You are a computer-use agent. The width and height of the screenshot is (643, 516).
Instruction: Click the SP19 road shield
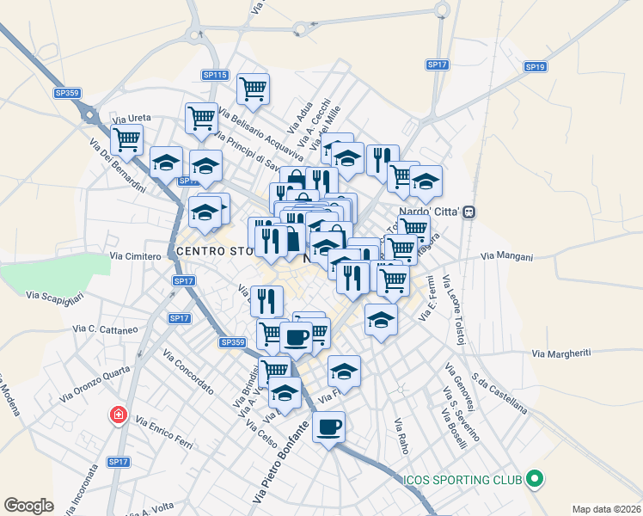(535, 66)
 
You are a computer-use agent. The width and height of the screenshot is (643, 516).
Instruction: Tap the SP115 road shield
(215, 76)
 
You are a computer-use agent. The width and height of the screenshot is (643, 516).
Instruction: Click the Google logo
(28, 506)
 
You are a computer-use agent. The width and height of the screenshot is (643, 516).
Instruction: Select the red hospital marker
(118, 416)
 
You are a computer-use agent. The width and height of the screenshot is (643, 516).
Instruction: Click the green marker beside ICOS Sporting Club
(535, 479)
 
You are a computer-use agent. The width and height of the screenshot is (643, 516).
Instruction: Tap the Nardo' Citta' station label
(431, 212)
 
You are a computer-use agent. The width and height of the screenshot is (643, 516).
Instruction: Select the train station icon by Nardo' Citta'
(469, 212)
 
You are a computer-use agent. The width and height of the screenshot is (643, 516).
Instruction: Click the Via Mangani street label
(507, 256)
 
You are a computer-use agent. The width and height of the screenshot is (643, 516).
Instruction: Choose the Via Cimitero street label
(136, 256)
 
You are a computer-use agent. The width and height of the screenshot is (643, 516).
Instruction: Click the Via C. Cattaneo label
(106, 329)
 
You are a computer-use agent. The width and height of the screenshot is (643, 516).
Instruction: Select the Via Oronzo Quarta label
(95, 385)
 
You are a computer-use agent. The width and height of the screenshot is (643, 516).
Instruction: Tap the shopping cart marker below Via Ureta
(126, 138)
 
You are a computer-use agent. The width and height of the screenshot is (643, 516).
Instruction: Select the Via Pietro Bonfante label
(280, 463)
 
